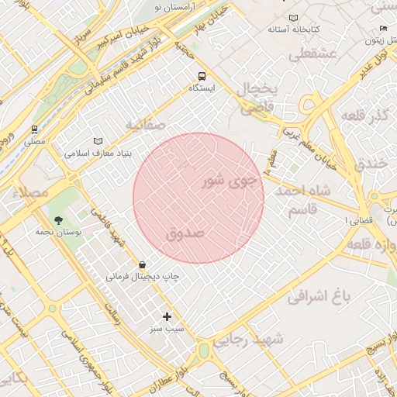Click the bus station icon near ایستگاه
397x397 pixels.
point(202,76)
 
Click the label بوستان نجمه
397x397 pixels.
point(54,230)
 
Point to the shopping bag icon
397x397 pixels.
point(141,264)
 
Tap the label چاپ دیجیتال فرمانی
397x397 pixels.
point(143,276)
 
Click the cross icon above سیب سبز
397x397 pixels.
point(167,316)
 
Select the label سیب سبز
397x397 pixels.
point(167,329)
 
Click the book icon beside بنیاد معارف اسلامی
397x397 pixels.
point(98,141)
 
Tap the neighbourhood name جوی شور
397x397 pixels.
point(227,181)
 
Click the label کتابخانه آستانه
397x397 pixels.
point(289,29)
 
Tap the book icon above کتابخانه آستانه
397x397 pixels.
point(292,17)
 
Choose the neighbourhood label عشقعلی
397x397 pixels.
point(311,55)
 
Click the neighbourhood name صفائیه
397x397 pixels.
point(145,124)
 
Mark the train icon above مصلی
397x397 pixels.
point(34,129)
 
